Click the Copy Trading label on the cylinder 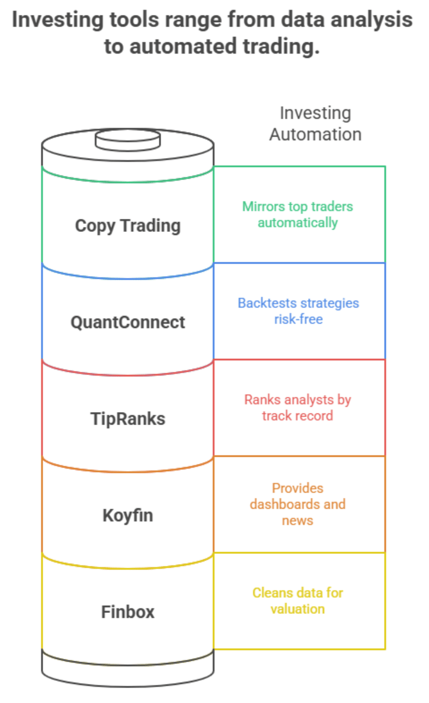[128, 226]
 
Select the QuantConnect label [128, 323]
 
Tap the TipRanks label [128, 419]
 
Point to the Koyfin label [128, 516]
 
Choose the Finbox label [128, 612]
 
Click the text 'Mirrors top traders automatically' [297, 215]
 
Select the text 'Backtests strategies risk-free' [298, 311]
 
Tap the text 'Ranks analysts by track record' [297, 407]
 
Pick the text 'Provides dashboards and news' [297, 504]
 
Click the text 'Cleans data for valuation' [297, 600]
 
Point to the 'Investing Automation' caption [315, 123]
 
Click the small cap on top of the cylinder [128, 140]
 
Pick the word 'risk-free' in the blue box [298, 319]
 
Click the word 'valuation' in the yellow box [297, 609]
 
